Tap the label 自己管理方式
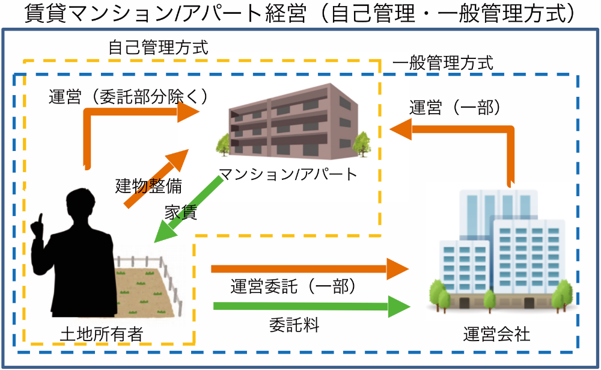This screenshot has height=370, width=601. point(158,48)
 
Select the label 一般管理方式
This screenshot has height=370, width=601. point(442,63)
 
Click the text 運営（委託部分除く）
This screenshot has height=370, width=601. point(129,97)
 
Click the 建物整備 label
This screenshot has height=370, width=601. point(148,186)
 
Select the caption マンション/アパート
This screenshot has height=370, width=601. point(288,174)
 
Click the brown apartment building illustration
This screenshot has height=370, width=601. point(288,120)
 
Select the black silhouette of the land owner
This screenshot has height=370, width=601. point(78,259)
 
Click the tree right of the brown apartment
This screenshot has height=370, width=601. point(362,143)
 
